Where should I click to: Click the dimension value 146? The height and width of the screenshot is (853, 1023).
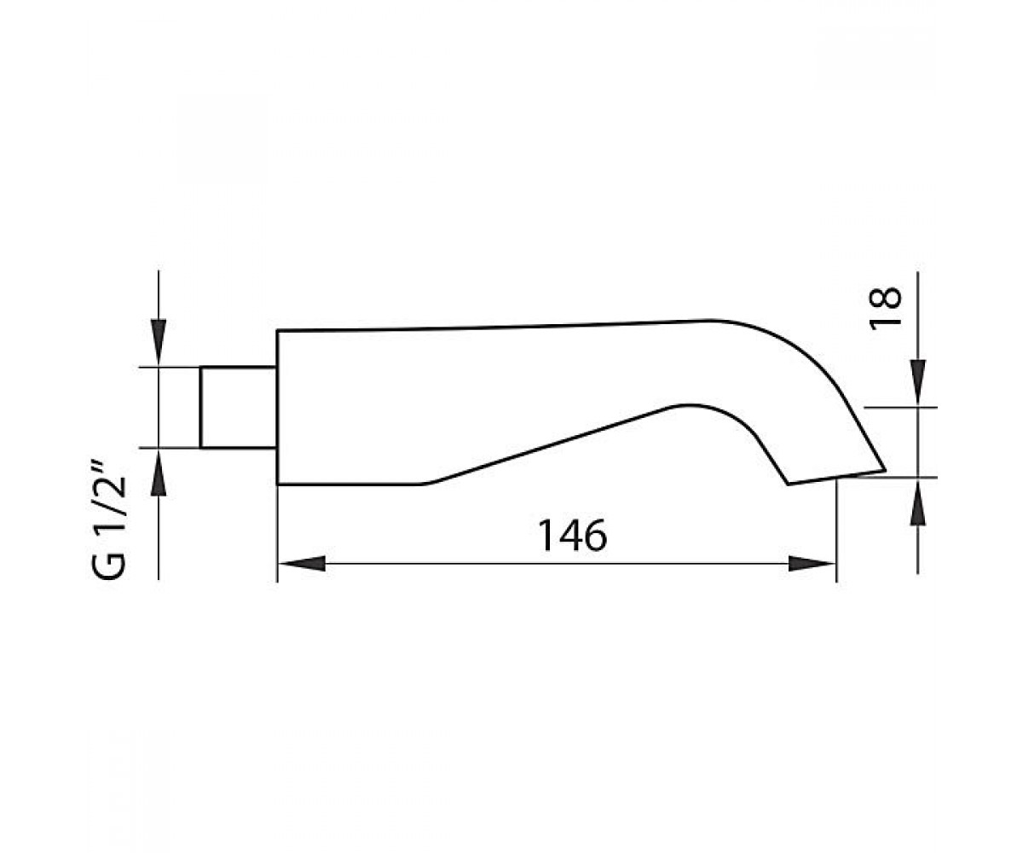(x=572, y=535)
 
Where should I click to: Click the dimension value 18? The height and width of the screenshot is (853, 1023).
(x=885, y=308)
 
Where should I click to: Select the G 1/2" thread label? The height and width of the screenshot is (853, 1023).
(x=110, y=519)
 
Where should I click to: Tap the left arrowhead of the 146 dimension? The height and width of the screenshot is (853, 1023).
(x=302, y=564)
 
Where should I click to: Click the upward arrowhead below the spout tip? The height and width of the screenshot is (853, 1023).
(x=917, y=501)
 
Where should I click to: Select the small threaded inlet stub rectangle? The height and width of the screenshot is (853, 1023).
(x=239, y=407)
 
